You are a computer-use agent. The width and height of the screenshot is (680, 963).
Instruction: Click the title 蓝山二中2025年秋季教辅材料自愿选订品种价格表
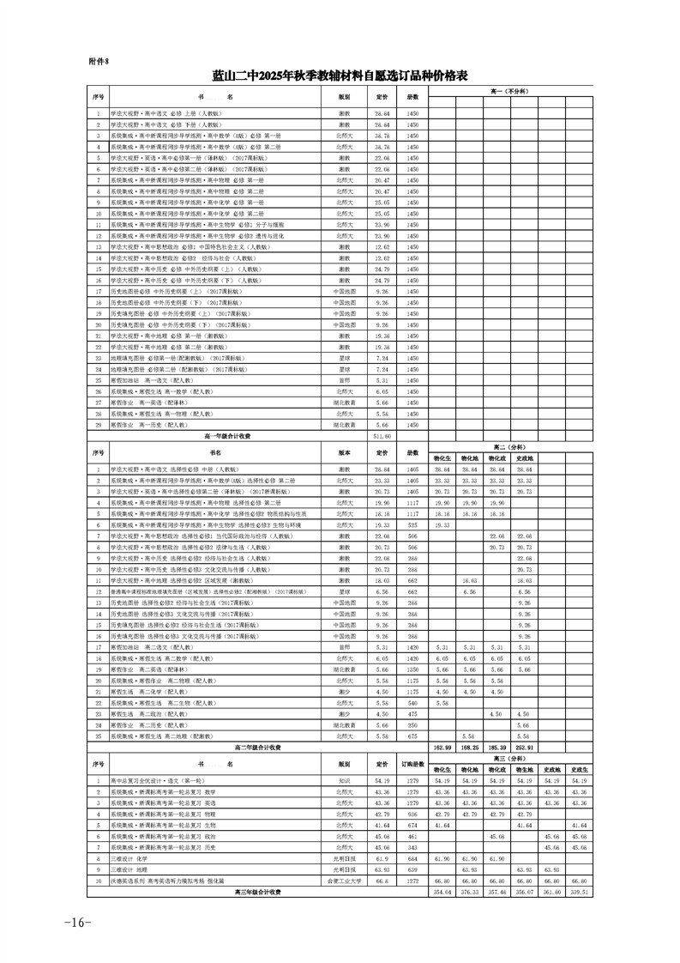click(340, 76)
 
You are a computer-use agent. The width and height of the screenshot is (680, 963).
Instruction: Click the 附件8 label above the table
click(100, 62)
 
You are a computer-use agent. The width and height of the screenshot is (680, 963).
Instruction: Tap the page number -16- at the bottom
click(76, 922)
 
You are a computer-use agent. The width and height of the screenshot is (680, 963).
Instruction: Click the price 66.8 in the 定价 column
click(382, 881)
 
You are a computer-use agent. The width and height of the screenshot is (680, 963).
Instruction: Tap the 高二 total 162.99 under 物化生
click(442, 748)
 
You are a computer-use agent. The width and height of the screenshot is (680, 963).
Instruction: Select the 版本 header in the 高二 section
click(344, 452)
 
